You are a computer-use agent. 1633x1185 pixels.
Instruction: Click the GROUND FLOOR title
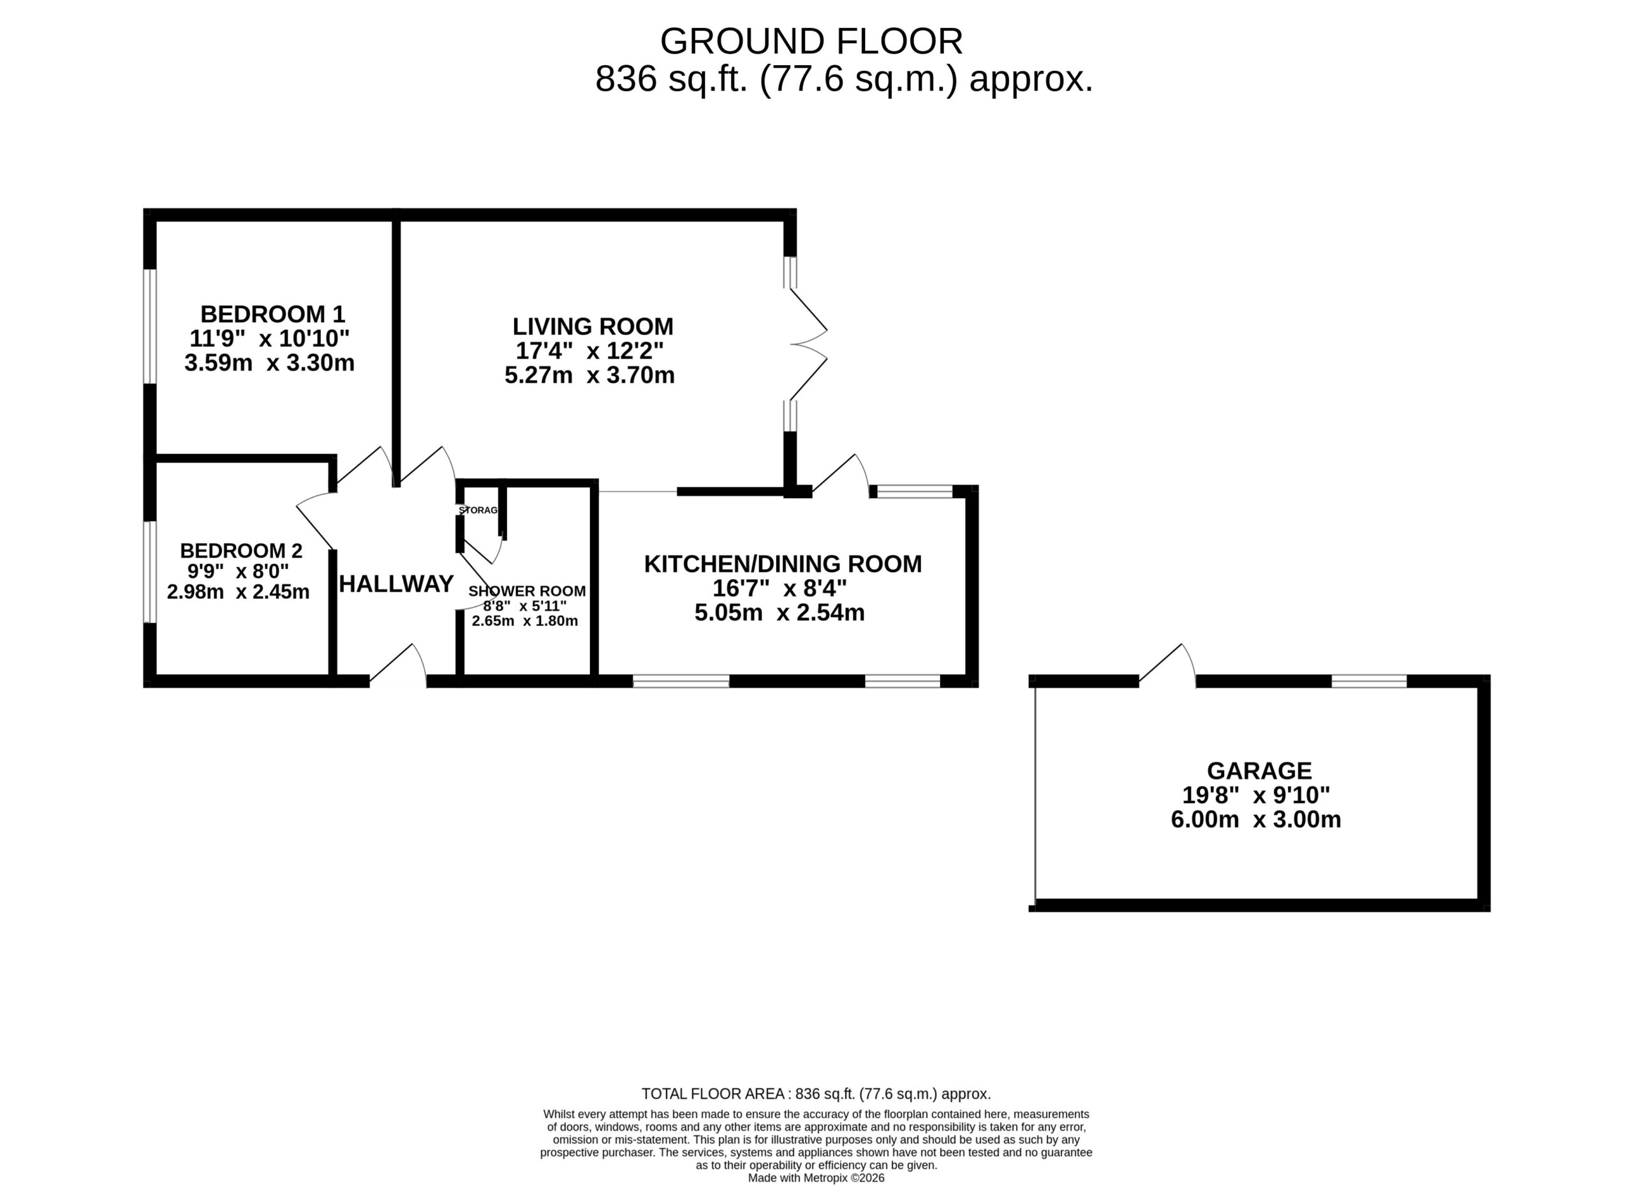pyautogui.click(x=811, y=41)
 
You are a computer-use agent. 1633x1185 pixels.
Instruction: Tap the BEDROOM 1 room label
pyautogui.click(x=273, y=314)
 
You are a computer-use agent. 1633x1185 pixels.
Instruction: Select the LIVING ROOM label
pyautogui.click(x=593, y=327)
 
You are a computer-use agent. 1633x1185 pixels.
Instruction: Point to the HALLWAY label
pyautogui.click(x=396, y=584)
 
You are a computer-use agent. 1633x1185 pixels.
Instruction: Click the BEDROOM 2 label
pyautogui.click(x=241, y=551)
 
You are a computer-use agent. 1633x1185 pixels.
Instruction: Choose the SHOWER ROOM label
pyautogui.click(x=527, y=591)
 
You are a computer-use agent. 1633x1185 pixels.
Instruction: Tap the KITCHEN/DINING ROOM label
pyautogui.click(x=783, y=564)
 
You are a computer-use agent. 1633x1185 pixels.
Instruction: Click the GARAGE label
pyautogui.click(x=1259, y=771)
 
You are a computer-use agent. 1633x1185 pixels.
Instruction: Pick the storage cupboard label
pyautogui.click(x=478, y=510)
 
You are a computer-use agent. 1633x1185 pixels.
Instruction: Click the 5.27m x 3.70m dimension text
pyautogui.click(x=589, y=375)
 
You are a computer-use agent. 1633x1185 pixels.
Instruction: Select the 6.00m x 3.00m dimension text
pyautogui.click(x=1257, y=820)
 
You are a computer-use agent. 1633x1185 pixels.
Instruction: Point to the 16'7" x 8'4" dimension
pyautogui.click(x=780, y=588)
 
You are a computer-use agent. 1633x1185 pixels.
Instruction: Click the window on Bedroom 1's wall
pyautogui.click(x=150, y=326)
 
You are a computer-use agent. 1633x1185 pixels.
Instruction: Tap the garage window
pyautogui.click(x=1369, y=681)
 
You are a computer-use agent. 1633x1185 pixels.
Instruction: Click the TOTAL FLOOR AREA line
pyautogui.click(x=816, y=1094)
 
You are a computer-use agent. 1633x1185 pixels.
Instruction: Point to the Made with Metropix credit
pyautogui.click(x=816, y=1179)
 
